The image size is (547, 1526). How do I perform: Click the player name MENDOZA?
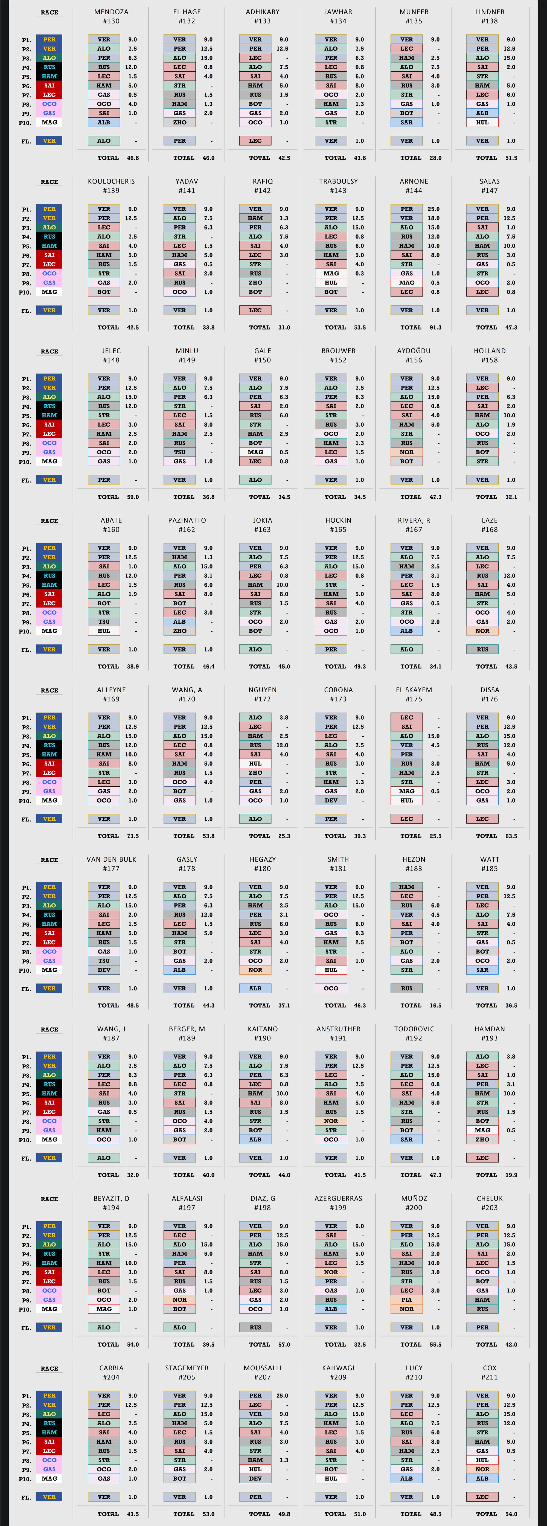tap(111, 12)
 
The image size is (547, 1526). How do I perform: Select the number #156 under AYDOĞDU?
tap(414, 360)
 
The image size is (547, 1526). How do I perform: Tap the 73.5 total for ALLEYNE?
tap(133, 836)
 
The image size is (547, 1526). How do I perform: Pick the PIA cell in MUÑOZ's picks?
tap(406, 1300)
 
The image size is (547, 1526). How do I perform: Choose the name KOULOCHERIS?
tap(111, 181)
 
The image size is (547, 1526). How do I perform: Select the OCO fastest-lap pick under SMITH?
tap(331, 988)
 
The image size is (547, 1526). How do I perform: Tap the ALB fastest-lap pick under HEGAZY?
tap(255, 988)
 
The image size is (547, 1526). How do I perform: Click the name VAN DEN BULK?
tap(111, 860)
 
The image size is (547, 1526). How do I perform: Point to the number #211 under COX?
tap(490, 1377)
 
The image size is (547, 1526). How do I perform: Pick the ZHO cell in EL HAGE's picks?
tap(180, 123)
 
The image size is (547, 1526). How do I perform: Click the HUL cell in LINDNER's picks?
tap(482, 123)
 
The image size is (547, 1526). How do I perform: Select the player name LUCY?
tap(414, 1368)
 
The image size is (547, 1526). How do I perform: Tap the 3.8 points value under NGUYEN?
tap(284, 717)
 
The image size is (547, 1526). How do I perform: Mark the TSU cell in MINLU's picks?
tap(180, 452)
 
